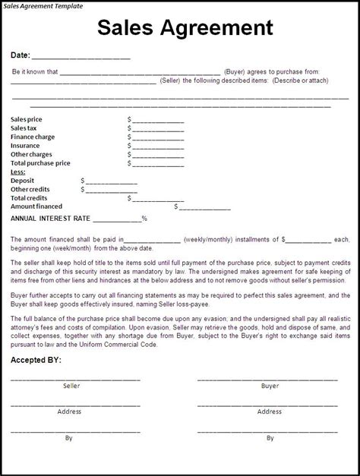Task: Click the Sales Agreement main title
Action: pos(185,28)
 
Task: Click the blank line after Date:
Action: pos(81,56)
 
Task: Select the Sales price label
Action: pos(27,119)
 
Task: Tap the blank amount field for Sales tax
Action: pos(158,129)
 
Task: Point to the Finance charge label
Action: pos(33,137)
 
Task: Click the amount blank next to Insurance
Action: pos(158,147)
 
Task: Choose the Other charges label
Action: pos(31,155)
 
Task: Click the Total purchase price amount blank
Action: pos(158,164)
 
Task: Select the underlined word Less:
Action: pos(18,172)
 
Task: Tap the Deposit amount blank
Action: pos(111,181)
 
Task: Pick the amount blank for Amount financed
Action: pos(204,207)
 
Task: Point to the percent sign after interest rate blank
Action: pos(144,219)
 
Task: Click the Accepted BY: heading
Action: pos(36,360)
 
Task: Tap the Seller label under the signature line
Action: pos(71,386)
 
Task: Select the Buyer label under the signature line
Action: pos(270,386)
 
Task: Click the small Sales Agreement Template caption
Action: pos(43,5)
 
